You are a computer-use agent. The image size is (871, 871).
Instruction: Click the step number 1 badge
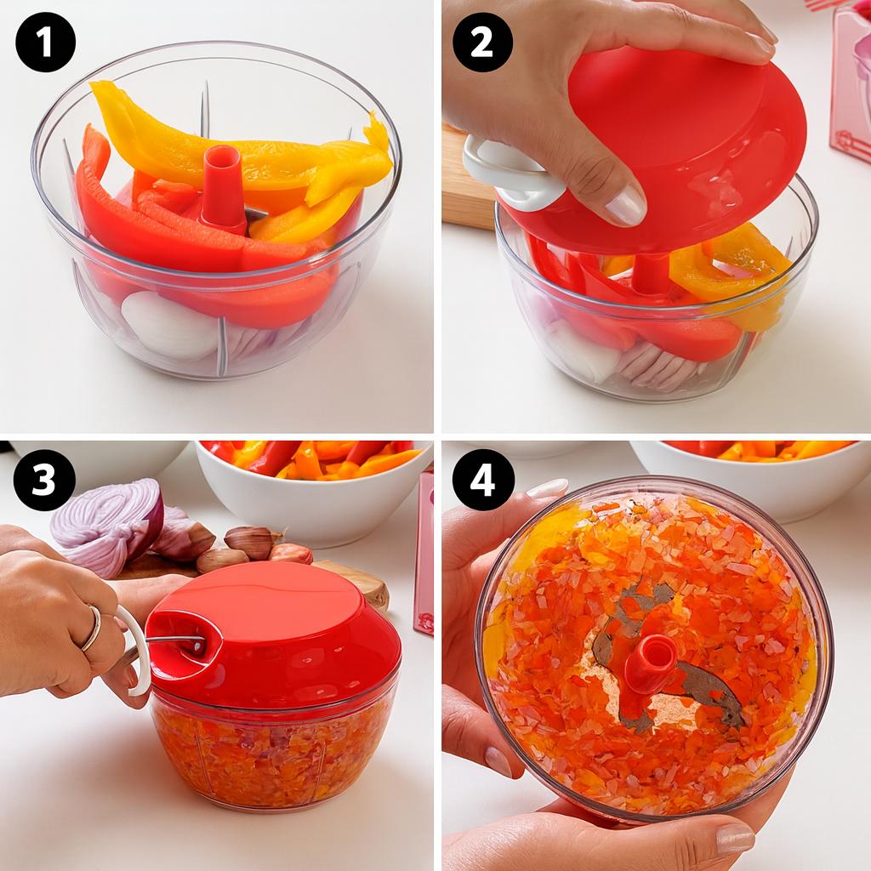pyautogui.click(x=45, y=42)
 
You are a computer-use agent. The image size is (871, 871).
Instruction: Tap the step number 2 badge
pyautogui.click(x=481, y=42)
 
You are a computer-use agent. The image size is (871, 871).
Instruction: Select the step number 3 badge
pyautogui.click(x=45, y=480)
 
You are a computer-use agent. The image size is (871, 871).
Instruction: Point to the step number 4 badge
pyautogui.click(x=481, y=480)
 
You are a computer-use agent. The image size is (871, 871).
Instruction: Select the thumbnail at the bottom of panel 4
pyautogui.click(x=734, y=839)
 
